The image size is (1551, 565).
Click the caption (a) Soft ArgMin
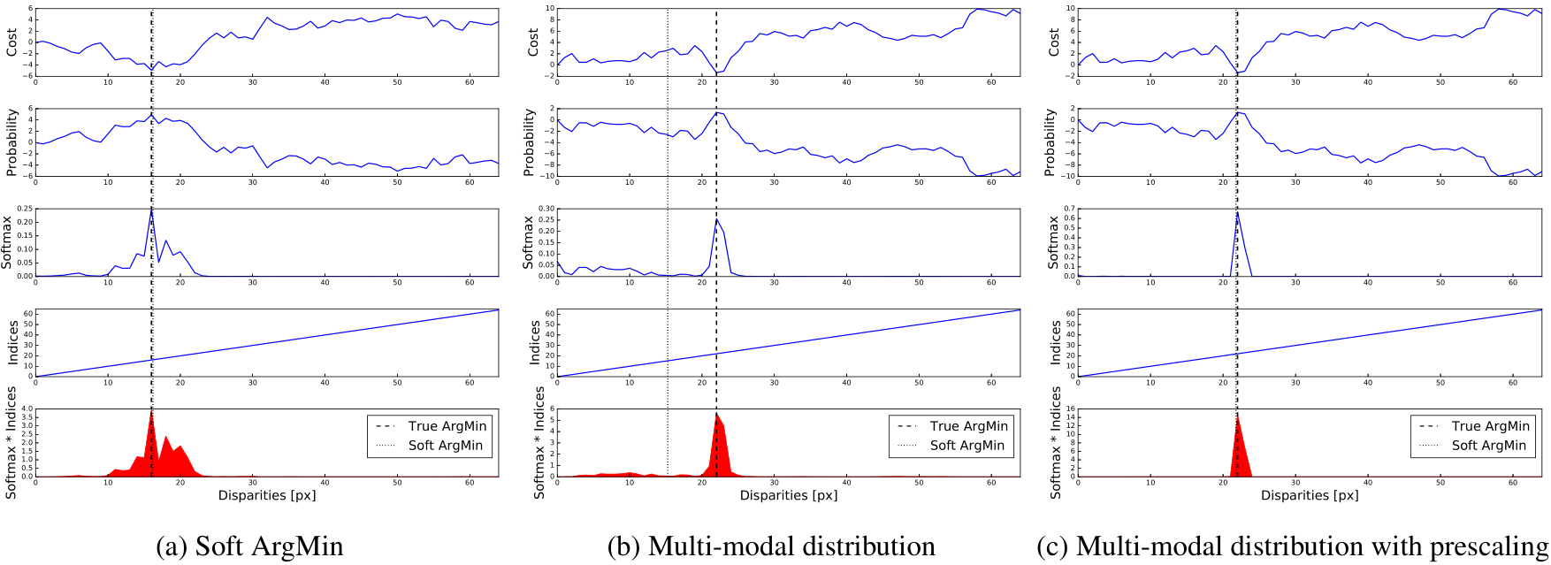(x=249, y=546)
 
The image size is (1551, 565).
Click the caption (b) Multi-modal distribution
(x=771, y=546)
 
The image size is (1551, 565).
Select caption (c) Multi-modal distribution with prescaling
(x=1292, y=546)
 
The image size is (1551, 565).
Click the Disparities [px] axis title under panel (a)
(x=267, y=495)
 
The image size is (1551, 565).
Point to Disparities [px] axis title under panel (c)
(x=1310, y=495)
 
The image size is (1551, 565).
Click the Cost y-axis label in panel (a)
(x=11, y=42)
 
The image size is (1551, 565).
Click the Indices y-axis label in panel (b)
(x=533, y=343)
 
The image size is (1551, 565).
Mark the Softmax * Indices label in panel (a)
(x=11, y=443)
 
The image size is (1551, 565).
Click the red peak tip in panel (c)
(x=1236, y=416)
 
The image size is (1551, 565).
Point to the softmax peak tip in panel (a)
(x=151, y=210)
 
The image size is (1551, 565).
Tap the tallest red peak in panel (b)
(x=716, y=413)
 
